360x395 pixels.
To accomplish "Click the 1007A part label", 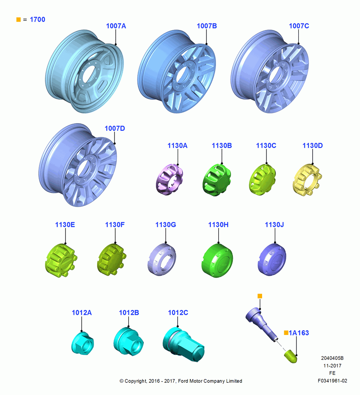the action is [116, 26].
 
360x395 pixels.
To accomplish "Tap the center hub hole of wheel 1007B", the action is [182, 75].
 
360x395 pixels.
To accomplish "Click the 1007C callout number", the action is [299, 26].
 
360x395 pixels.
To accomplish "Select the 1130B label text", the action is [222, 146].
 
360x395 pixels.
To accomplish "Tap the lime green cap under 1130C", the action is [262, 179].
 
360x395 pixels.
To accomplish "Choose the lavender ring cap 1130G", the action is [162, 260].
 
